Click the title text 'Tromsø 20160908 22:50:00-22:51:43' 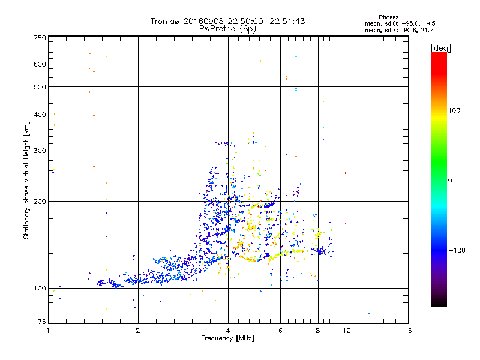[x=227, y=21]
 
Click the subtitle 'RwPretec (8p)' [x=227, y=28]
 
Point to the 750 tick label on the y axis [x=40, y=38]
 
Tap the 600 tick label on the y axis [x=40, y=64]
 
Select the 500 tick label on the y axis [x=40, y=87]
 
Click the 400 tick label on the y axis [x=40, y=115]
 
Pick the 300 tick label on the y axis [x=40, y=151]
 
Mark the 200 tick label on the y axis [x=40, y=202]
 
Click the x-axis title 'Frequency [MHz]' [x=227, y=339]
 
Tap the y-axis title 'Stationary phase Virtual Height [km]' [x=26, y=180]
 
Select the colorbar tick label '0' [x=450, y=180]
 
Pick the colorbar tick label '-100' [x=456, y=250]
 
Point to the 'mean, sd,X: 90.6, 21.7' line [x=399, y=29]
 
